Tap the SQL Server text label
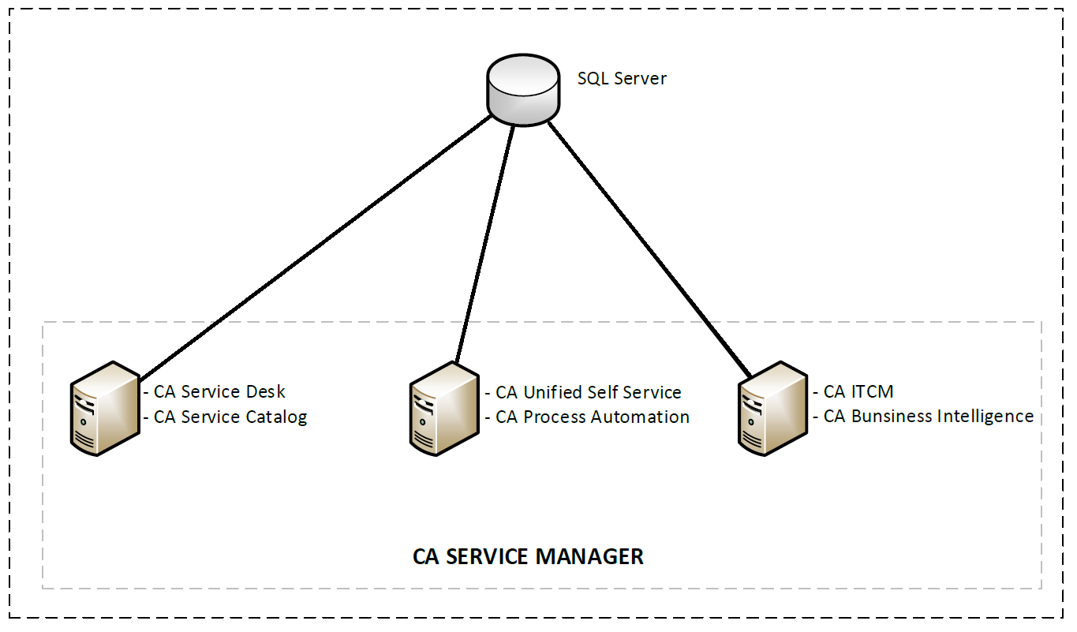pyautogui.click(x=622, y=79)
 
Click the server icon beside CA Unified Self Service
pyautogui.click(x=444, y=409)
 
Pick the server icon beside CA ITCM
pyautogui.click(x=772, y=409)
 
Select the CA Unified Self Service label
pyautogui.click(x=588, y=392)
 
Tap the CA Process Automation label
pyautogui.click(x=592, y=417)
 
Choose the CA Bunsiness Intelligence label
pyautogui.click(x=928, y=417)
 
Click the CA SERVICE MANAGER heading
pyautogui.click(x=528, y=556)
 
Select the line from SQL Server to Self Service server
pyautogui.click(x=484, y=245)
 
